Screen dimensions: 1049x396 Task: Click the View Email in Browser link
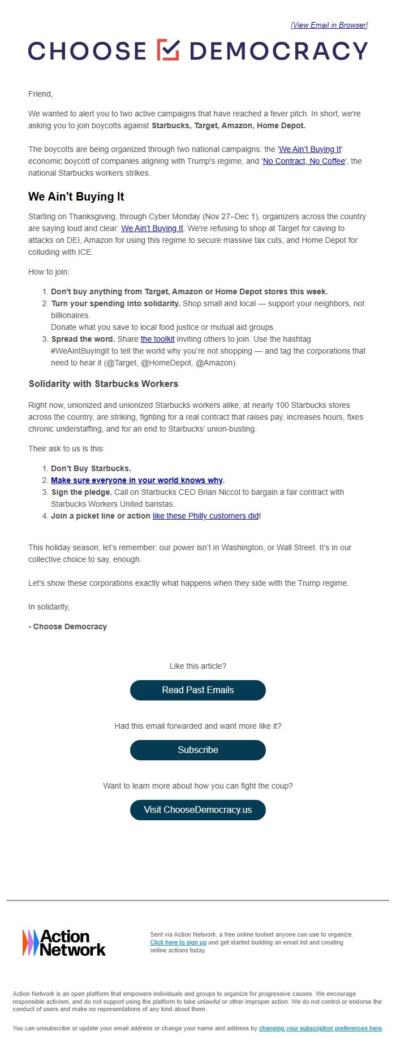[x=329, y=25]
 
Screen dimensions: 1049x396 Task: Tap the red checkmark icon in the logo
[x=168, y=50]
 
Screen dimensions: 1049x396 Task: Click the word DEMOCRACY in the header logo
[x=279, y=51]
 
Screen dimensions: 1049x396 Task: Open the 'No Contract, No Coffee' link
[x=304, y=161]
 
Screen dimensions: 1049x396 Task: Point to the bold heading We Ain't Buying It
[x=76, y=197]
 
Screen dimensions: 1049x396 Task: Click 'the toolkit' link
[x=157, y=339]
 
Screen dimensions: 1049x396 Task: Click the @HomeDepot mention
[x=165, y=363]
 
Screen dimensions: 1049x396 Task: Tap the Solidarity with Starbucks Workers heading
[x=104, y=384]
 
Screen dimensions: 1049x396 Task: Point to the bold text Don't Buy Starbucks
[x=91, y=468]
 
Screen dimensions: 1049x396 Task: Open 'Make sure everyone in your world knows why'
[x=137, y=480]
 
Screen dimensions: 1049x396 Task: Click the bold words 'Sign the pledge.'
[x=81, y=492]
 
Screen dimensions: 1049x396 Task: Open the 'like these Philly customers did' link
[x=205, y=516]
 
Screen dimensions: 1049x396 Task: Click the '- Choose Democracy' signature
[x=68, y=626]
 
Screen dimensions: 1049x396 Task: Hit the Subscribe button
[x=198, y=750]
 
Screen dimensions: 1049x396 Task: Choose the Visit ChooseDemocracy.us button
[x=198, y=809]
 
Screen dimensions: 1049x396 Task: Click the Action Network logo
[x=64, y=943]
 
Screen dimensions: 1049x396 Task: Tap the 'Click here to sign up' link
[x=178, y=942]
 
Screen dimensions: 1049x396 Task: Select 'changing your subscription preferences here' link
[x=320, y=1028]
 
